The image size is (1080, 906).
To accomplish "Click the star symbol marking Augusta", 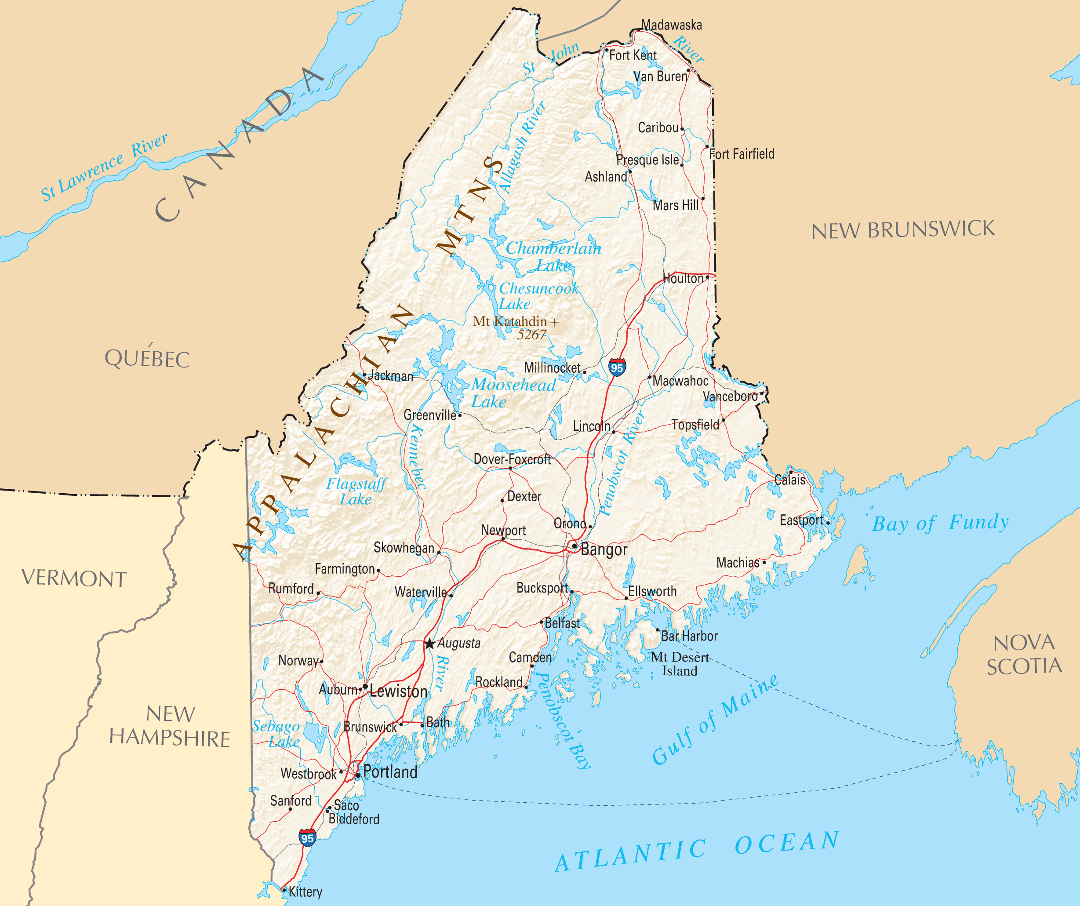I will (429, 644).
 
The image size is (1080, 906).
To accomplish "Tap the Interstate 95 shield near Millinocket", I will (617, 367).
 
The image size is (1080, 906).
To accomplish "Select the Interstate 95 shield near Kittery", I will (307, 837).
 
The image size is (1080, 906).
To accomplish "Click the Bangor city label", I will (604, 549).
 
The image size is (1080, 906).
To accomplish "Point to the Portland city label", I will (390, 772).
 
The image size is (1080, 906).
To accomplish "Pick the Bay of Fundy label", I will (940, 523).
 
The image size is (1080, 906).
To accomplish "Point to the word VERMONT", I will (73, 579).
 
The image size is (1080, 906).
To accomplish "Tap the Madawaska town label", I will (671, 25).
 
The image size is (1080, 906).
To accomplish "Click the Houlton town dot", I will (708, 277).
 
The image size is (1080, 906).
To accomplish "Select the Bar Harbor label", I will (689, 636).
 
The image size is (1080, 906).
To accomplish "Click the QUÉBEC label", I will (147, 358).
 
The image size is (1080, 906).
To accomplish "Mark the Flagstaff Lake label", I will (356, 491).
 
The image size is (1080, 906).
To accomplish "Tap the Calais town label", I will (790, 480).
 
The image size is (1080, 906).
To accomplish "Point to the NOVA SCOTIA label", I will (1024, 655).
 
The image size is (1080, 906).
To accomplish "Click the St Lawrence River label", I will (105, 167).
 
